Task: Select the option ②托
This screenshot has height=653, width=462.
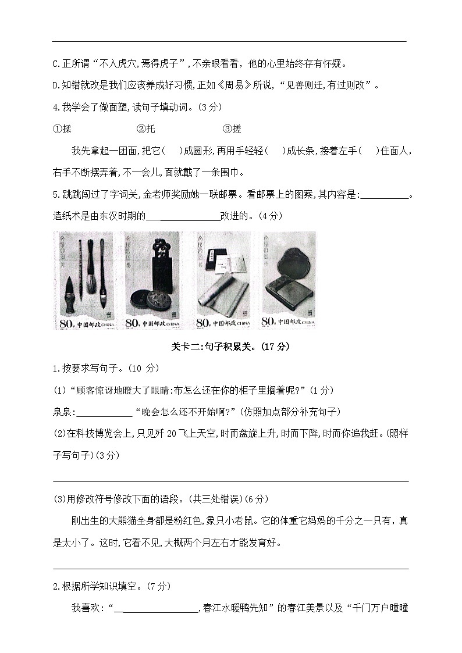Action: (x=146, y=129)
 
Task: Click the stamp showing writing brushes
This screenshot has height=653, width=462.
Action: (x=87, y=280)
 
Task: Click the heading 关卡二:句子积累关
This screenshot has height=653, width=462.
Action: (x=230, y=347)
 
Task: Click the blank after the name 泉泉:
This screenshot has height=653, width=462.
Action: (x=104, y=412)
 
